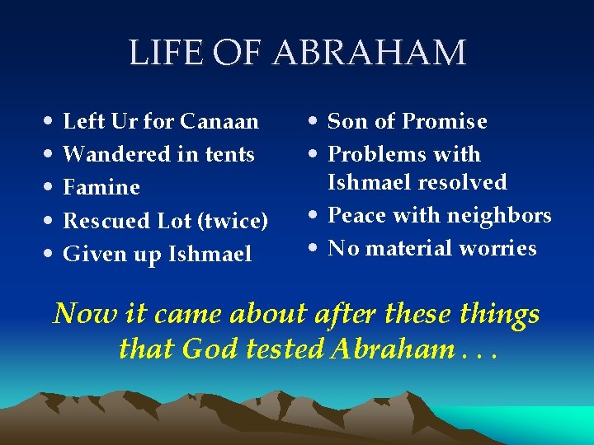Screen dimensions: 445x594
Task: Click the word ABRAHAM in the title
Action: [x=370, y=54]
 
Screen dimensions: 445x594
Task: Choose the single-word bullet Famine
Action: [x=101, y=188]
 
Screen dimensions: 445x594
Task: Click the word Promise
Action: [x=446, y=122]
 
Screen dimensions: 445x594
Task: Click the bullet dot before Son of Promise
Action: [x=317, y=122]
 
